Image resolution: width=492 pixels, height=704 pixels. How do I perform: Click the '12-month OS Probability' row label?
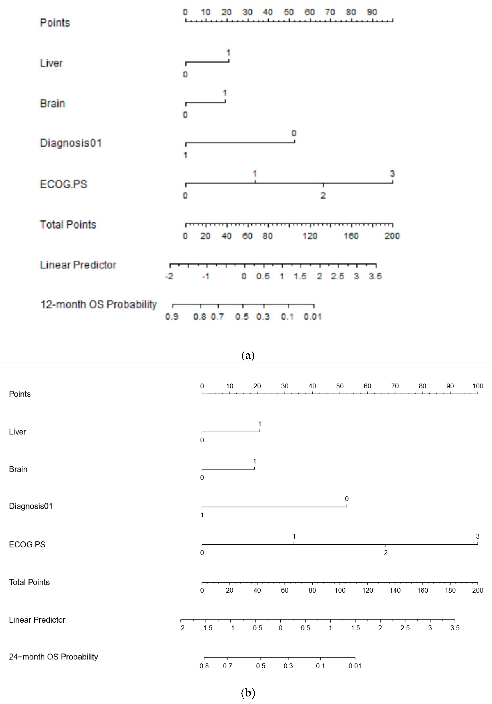click(98, 304)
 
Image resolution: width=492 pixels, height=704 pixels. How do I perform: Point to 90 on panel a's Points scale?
click(372, 12)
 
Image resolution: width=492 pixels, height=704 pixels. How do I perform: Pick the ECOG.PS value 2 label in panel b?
click(385, 553)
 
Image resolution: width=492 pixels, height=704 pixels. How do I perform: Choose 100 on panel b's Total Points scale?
click(340, 590)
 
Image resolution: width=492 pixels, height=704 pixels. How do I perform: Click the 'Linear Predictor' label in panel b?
click(37, 620)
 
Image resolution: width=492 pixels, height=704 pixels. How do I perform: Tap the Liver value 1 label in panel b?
click(260, 424)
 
